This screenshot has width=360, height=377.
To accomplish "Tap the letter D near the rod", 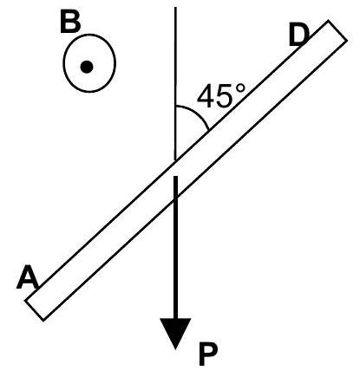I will tap(298, 36).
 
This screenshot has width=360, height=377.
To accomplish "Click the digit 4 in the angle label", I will tap(206, 96).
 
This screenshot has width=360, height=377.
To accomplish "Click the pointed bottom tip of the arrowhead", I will tap(176, 348).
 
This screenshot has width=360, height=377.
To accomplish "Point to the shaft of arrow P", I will tap(176, 251).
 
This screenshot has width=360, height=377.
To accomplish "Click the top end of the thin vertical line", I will tap(175, 7).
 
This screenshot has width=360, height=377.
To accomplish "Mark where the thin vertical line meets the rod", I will tap(175, 159).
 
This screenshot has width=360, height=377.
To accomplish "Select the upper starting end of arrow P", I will tap(176, 177).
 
